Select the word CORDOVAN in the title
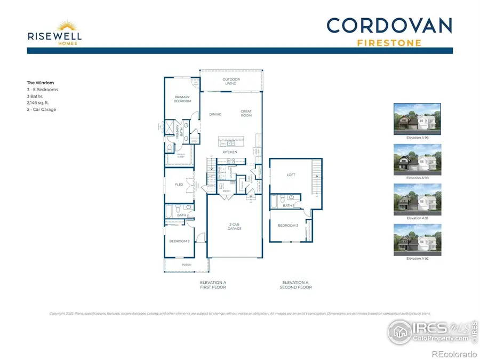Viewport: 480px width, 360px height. (x=389, y=26)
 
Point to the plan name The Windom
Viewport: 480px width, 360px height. (x=41, y=83)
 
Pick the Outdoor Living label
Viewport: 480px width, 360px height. (x=231, y=82)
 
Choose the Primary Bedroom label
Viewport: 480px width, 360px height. (x=182, y=99)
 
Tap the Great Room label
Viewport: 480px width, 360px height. (x=246, y=113)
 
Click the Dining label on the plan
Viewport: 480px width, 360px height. (x=215, y=114)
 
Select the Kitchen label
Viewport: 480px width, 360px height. (x=230, y=153)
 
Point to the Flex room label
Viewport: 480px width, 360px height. (x=179, y=185)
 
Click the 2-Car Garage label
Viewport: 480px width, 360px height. (x=234, y=227)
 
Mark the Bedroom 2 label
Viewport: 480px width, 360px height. (x=179, y=241)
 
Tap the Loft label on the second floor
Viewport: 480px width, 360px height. (x=291, y=174)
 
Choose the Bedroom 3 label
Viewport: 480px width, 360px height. (x=288, y=226)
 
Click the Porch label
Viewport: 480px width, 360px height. (x=187, y=265)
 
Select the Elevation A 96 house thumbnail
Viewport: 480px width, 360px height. (x=417, y=118)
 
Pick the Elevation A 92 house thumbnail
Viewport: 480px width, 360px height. (x=417, y=239)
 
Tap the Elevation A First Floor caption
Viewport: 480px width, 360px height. (x=213, y=285)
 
